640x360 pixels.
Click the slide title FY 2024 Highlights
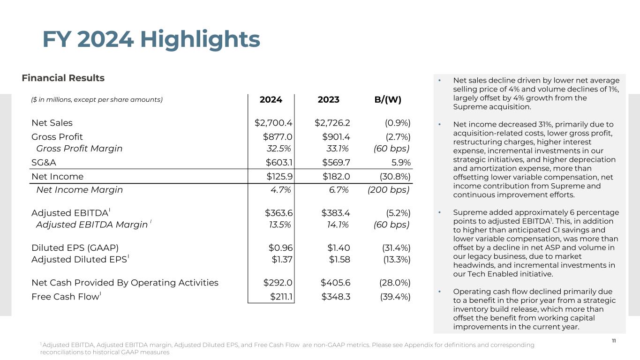[x=151, y=39]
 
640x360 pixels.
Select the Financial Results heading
[x=63, y=78]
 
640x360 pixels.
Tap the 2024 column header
[x=271, y=99]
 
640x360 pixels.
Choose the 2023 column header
[x=328, y=99]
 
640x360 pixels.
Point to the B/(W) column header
[x=387, y=99]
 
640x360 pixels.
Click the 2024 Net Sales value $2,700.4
[x=273, y=123]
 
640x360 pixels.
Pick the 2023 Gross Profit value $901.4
[x=336, y=137]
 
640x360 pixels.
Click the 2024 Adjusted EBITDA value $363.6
[x=279, y=213]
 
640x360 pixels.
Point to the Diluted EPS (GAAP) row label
[x=75, y=248]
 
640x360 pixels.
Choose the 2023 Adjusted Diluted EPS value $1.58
[x=339, y=260]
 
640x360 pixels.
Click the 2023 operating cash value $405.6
[x=335, y=283]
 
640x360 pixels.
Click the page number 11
[x=614, y=341]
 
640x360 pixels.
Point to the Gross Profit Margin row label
[x=79, y=149]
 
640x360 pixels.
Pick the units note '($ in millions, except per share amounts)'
[x=97, y=99]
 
